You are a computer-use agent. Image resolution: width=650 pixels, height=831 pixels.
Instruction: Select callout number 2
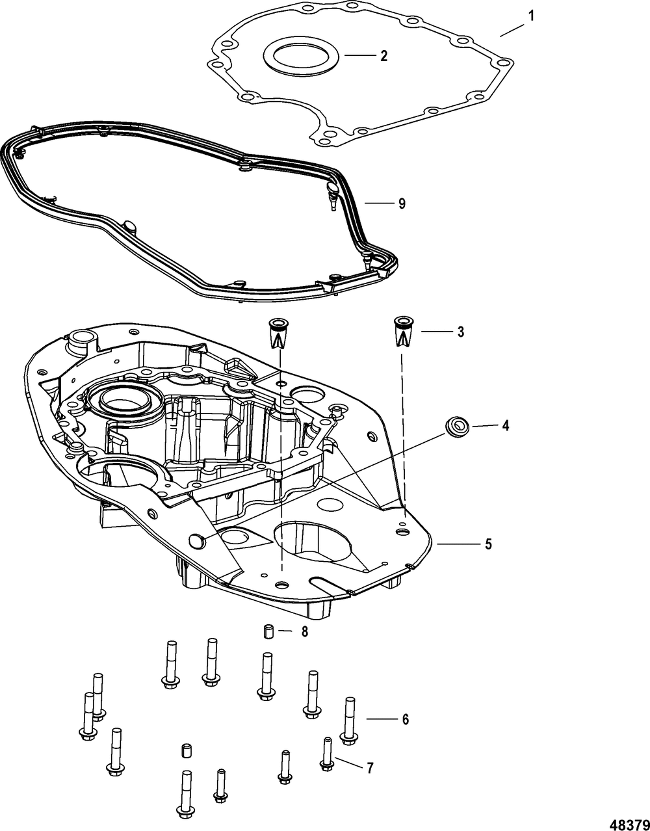point(383,56)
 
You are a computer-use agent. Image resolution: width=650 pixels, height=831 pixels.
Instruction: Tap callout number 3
point(461,332)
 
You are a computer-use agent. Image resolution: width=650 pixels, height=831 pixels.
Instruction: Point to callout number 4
point(506,426)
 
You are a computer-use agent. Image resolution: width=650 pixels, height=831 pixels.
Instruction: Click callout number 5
point(488,544)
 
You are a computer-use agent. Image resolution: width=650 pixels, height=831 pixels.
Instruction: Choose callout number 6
point(406,719)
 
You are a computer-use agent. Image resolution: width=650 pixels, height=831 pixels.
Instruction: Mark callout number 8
point(304,632)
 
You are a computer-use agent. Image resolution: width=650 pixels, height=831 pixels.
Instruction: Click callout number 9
point(401,204)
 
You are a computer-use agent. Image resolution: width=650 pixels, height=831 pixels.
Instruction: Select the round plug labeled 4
point(457,426)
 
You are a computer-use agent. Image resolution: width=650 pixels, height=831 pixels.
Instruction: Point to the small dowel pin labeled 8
point(269,631)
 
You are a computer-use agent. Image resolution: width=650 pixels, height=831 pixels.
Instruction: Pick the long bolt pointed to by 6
point(349,720)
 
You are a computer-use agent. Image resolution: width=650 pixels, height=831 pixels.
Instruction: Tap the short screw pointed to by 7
point(327,754)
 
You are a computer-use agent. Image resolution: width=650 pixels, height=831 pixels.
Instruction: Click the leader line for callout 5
point(455,544)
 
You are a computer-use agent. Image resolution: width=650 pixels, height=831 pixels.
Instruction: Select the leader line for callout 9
point(379,203)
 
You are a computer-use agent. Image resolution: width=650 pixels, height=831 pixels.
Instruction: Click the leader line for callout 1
point(512,30)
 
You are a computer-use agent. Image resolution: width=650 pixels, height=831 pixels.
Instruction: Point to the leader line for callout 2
point(359,56)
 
